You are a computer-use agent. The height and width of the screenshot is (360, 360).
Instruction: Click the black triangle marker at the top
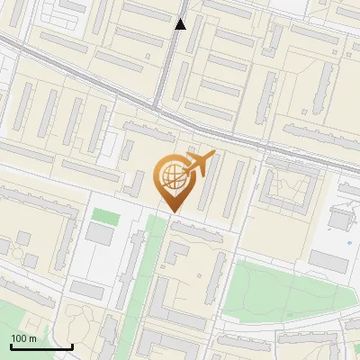pyautogui.click(x=180, y=24)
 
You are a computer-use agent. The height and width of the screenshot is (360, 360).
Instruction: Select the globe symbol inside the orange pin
pyautogui.click(x=171, y=176)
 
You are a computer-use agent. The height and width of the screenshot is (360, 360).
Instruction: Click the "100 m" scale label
pyautogui.click(x=22, y=338)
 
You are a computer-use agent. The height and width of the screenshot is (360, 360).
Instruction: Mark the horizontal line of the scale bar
pyautogui.click(x=40, y=346)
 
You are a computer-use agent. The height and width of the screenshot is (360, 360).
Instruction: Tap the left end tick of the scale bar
pyautogui.click(x=10, y=345)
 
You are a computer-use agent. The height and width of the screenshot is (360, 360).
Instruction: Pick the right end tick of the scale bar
pyautogui.click(x=72, y=345)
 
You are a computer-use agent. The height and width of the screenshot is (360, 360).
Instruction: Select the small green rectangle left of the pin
pyautogui.click(x=105, y=216)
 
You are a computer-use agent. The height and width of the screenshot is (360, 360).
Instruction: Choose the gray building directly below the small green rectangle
pyautogui.click(x=100, y=235)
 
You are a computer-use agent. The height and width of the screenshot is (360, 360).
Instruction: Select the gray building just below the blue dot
pyautogui.click(x=328, y=262)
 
